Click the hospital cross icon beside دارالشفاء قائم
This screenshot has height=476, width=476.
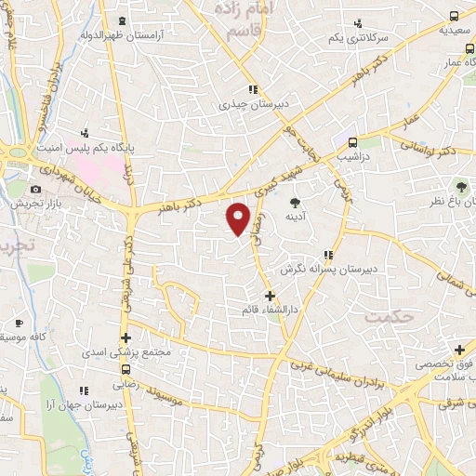click(270, 296)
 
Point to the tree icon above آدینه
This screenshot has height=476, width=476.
click(296, 201)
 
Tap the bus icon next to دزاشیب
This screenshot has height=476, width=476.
click(352, 143)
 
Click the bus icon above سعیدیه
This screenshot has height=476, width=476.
click(454, 16)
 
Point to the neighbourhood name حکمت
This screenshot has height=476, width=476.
click(388, 317)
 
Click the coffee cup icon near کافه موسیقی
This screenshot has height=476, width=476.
click(19, 323)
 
